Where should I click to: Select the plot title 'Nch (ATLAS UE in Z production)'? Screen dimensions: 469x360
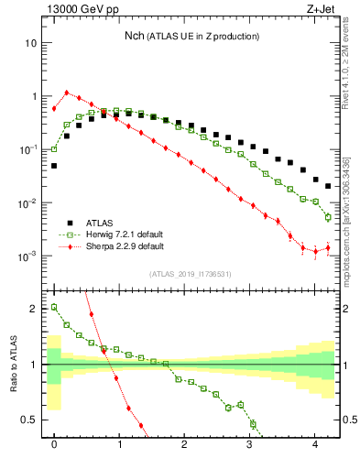click(191, 36)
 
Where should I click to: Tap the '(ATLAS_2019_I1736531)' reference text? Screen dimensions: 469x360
click(191, 274)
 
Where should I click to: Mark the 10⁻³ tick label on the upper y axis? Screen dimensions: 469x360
click(28, 256)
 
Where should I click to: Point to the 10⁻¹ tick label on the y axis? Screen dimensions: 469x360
click(28, 149)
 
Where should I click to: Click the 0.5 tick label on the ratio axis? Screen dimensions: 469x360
click(29, 420)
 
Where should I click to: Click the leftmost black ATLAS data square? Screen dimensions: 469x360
click(54, 166)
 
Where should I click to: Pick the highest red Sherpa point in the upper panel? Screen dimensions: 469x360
click(67, 93)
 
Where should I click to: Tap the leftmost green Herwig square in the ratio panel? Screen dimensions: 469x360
click(54, 308)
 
